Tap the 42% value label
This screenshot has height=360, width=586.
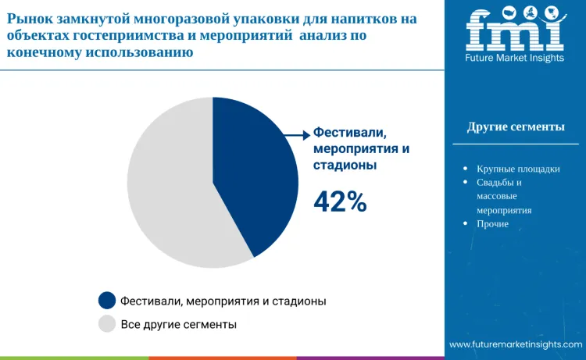pos(340,201)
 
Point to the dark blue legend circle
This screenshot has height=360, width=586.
pos(107,301)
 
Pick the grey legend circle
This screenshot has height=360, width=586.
pos(107,323)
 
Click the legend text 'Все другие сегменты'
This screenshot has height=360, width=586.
pos(178,323)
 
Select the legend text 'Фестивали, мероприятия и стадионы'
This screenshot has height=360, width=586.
pos(223,301)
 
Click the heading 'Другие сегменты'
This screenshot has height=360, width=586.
pos(516,127)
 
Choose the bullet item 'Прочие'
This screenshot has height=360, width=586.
pos(493,224)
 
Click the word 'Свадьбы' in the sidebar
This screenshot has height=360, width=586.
pos(495,183)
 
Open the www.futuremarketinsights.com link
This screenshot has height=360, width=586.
pos(516,344)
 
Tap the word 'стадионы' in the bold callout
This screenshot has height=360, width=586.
pos(345,166)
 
